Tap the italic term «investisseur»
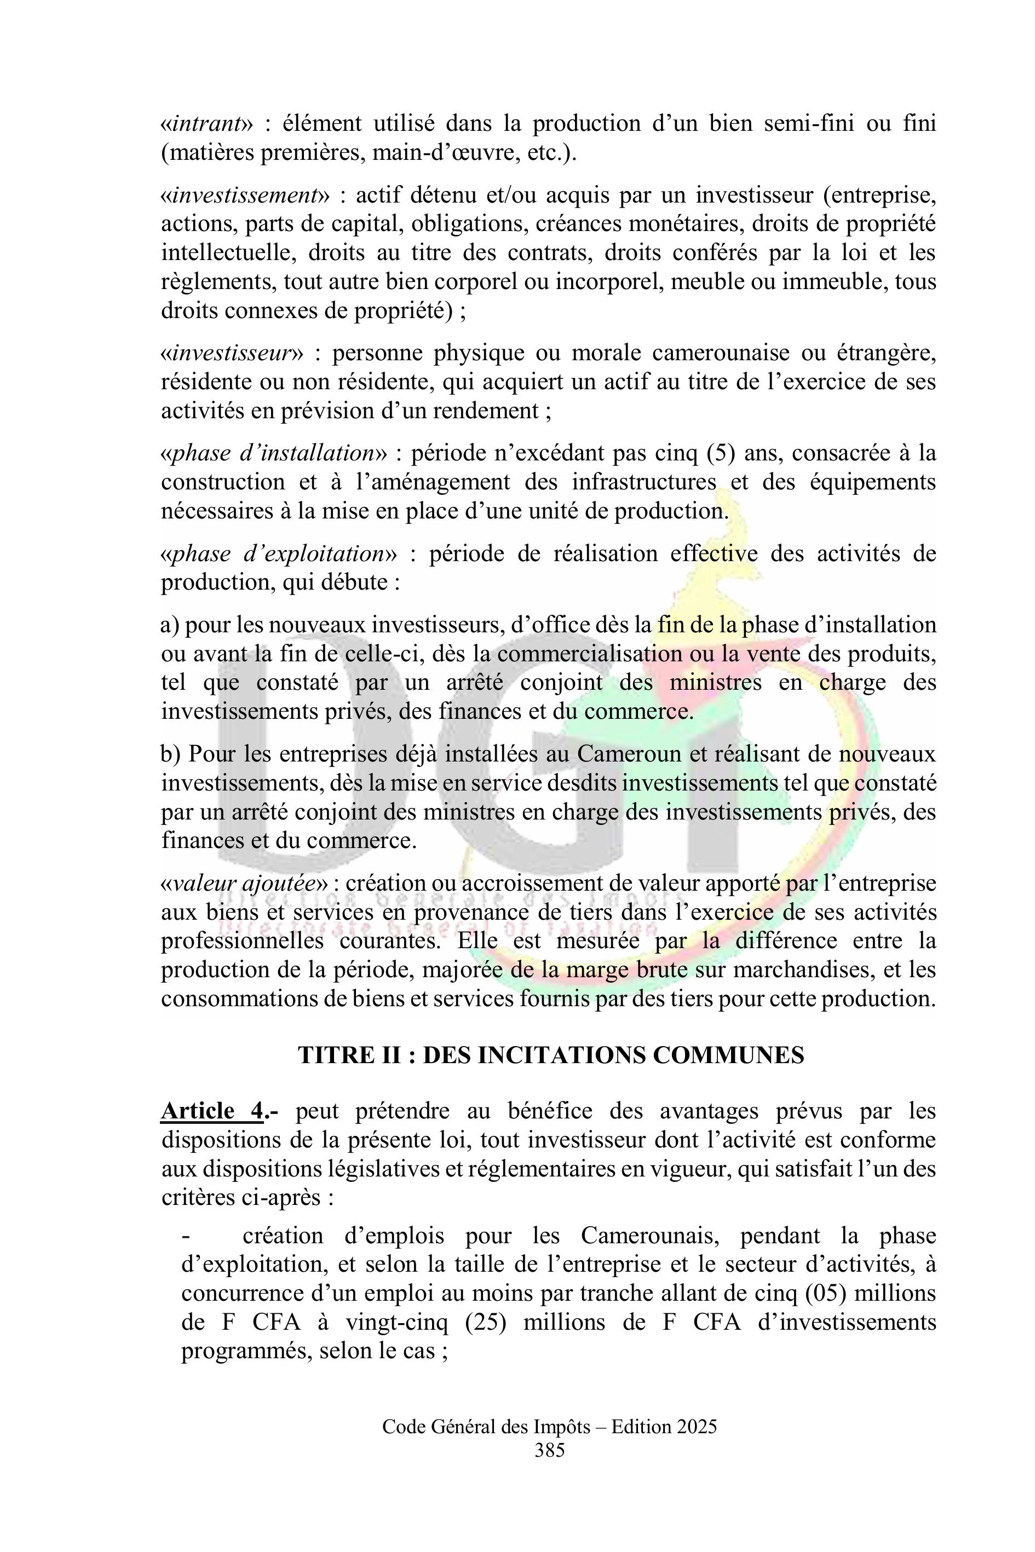pos(232,354)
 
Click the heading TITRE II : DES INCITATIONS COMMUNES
pos(551,1055)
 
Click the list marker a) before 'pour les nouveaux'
pos(170,624)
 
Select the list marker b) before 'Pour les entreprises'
pos(171,754)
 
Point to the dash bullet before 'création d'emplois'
pos(186,1236)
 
